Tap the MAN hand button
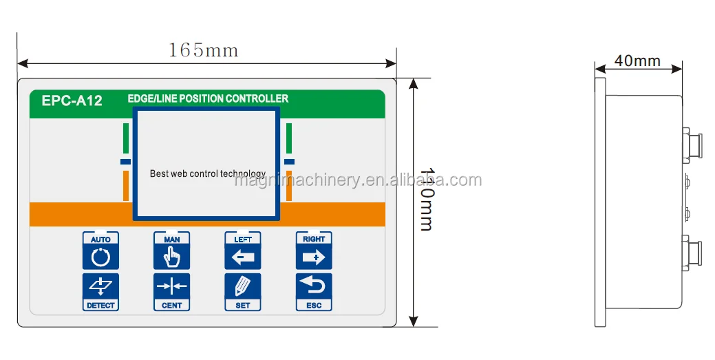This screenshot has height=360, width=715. pyautogui.click(x=171, y=251)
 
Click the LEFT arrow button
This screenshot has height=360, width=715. pyautogui.click(x=243, y=251)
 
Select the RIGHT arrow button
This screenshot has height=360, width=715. pyautogui.click(x=314, y=251)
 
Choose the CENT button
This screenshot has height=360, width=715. pyautogui.click(x=171, y=292)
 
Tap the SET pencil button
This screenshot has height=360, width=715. pyautogui.click(x=243, y=292)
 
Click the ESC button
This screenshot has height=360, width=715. pyautogui.click(x=314, y=292)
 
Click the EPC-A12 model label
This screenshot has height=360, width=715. pyautogui.click(x=72, y=100)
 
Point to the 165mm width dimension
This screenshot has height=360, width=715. pyautogui.click(x=203, y=50)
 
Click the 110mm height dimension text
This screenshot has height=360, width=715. pyautogui.click(x=427, y=199)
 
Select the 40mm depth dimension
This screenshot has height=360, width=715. pyautogui.click(x=637, y=61)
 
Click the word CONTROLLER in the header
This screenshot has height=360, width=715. pyautogui.click(x=256, y=98)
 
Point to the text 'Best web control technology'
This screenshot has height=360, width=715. pyautogui.click(x=207, y=173)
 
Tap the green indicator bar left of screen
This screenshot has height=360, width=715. pyautogui.click(x=126, y=138)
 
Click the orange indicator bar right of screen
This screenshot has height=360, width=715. pyautogui.click(x=289, y=186)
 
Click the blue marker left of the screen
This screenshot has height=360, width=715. pyautogui.click(x=125, y=162)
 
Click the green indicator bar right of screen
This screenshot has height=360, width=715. pyautogui.click(x=289, y=138)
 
